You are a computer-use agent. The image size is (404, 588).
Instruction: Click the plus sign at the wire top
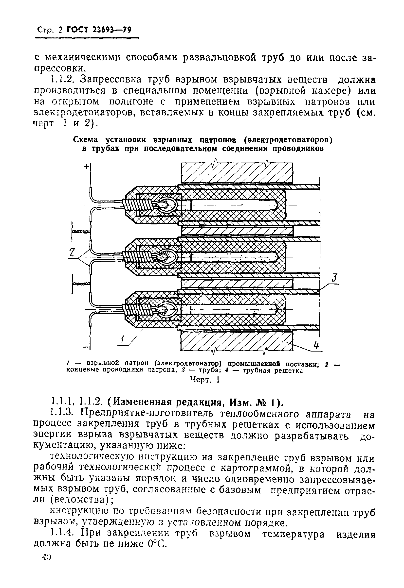coord(86,166)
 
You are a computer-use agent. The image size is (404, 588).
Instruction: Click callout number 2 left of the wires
coord(72,252)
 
